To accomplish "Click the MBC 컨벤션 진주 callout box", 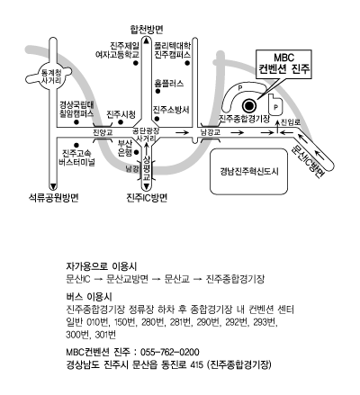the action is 283,64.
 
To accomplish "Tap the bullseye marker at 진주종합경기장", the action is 248,105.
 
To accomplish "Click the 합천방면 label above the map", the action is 147,29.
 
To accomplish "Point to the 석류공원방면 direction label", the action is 53,197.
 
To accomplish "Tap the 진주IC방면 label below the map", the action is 147,197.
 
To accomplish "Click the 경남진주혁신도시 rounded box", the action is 248,171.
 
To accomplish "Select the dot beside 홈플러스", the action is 157,91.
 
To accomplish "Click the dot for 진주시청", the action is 121,122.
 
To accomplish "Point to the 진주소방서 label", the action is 171,110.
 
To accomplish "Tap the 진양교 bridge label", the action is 103,132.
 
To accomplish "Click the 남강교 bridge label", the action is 211,132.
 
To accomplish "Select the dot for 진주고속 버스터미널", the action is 76,145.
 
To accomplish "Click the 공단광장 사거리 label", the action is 147,135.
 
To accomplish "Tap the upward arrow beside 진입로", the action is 277,127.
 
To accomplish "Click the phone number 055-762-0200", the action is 170,352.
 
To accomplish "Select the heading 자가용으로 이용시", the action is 102,266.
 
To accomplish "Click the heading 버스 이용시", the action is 89,297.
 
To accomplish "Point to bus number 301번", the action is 105,335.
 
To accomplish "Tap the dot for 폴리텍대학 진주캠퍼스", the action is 187,63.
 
